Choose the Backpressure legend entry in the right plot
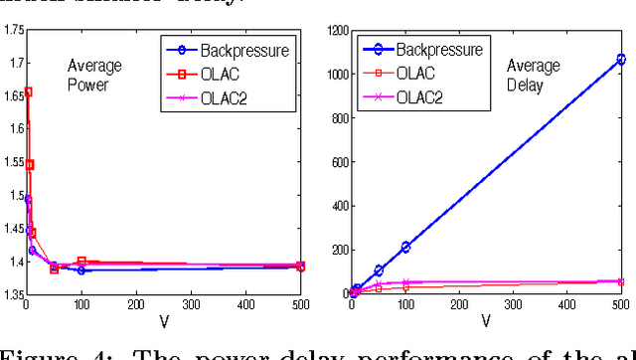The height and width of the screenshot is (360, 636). click(438, 49)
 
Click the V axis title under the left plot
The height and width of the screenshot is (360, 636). click(164, 322)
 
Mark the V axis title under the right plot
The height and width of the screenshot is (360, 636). click(487, 322)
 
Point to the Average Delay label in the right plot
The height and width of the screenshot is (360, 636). click(528, 76)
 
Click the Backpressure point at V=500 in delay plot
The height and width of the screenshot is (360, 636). click(621, 60)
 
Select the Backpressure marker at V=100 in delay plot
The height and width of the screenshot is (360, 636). click(405, 247)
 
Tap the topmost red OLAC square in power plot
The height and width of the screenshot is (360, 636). click(28, 91)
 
